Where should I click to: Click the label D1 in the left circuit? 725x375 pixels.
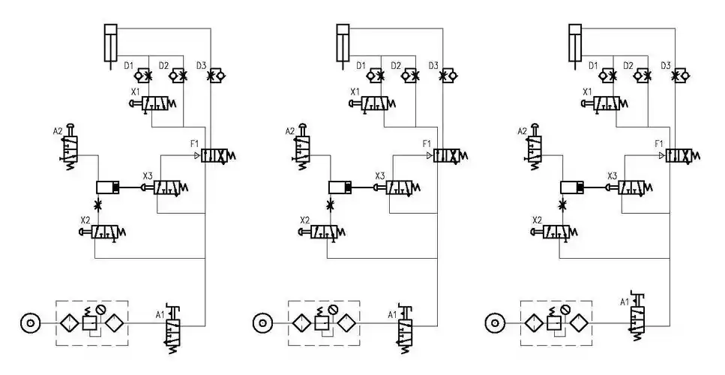[x=128, y=66]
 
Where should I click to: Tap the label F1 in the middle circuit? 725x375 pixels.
[x=427, y=143]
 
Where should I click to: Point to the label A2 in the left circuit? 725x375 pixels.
[x=58, y=131]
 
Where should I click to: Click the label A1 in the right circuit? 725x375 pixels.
[x=625, y=302]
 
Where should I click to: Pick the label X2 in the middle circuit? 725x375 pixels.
[x=304, y=220]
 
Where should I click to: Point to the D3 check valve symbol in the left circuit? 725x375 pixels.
[x=217, y=76]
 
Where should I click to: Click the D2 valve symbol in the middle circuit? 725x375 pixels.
[x=410, y=76]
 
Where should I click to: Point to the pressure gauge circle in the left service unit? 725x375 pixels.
[x=103, y=307]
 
